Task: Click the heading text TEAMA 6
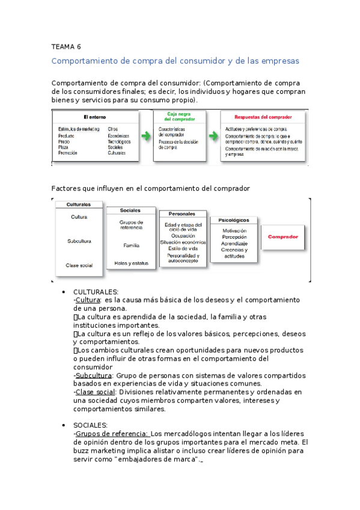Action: [66, 46]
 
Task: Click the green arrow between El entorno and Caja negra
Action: [145, 137]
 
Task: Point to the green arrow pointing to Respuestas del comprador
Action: [212, 137]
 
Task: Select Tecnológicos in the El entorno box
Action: [119, 142]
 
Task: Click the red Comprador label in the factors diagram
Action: [282, 237]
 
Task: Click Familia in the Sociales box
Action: [131, 245]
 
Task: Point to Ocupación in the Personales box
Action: [183, 236]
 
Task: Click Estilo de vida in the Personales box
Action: [183, 248]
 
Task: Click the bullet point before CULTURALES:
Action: [64, 292]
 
